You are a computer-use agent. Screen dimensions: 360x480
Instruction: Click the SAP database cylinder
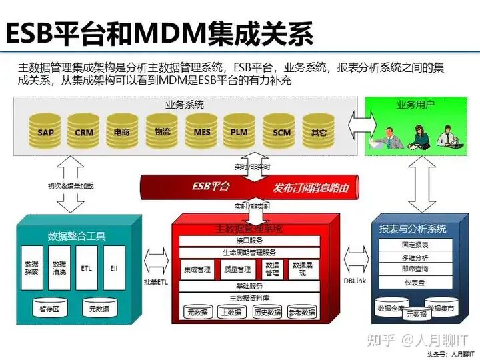45,130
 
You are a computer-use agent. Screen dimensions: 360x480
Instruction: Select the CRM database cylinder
84,130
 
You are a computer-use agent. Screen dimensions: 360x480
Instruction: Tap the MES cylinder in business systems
202,130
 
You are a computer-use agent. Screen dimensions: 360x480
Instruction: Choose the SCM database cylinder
281,130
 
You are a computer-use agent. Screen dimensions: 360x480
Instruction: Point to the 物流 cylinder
162,130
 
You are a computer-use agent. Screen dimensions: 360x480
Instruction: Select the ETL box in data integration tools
86,267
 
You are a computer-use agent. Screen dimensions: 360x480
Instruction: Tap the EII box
113,267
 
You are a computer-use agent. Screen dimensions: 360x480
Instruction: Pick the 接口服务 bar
249,241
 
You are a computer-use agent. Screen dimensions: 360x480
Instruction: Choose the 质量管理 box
238,269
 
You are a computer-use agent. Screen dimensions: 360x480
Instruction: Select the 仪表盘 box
415,283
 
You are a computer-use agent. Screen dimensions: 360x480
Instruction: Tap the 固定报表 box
415,245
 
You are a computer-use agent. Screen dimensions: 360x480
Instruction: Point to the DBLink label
355,281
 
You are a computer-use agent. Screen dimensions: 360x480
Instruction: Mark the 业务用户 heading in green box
415,105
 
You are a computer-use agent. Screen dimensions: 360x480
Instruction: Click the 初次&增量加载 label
71,186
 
